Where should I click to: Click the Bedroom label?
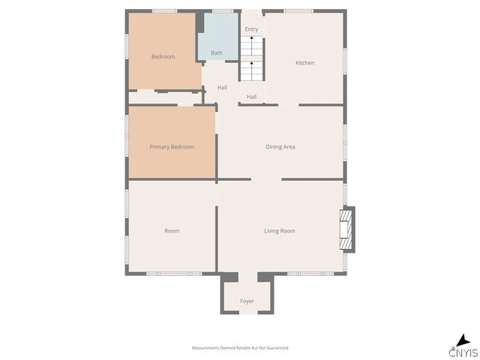[163, 57]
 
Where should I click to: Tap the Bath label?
[217, 52]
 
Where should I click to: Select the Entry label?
[251, 29]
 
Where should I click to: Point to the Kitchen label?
[304, 63]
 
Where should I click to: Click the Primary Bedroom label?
[172, 147]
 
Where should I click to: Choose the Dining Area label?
[280, 147]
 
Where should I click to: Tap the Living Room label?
[279, 231]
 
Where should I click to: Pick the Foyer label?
[247, 301]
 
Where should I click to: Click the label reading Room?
[172, 231]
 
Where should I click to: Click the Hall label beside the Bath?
[223, 88]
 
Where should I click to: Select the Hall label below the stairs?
[251, 97]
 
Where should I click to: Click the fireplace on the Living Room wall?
[346, 230]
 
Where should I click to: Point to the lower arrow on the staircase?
[252, 64]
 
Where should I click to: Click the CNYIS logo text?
[463, 353]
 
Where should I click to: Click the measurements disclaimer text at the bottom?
[240, 348]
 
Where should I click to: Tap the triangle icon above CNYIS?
[465, 340]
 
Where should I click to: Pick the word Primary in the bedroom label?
[159, 147]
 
